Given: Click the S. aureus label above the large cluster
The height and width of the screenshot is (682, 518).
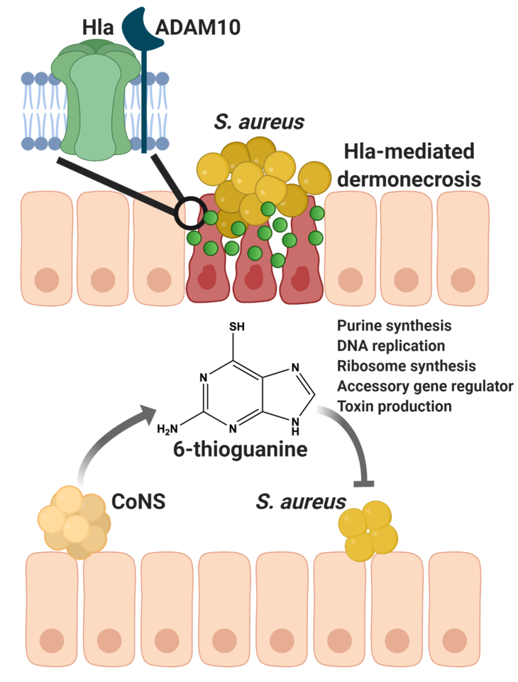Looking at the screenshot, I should click(259, 122).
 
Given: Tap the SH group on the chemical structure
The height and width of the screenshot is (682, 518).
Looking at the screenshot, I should click(237, 328).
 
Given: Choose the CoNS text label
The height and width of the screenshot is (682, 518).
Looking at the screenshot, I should click(138, 502).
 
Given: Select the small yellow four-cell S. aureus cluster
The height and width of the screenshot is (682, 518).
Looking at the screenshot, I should click(368, 527).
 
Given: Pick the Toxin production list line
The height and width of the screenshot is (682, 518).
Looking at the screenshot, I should click(395, 407).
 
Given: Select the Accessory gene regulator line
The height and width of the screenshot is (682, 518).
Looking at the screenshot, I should click(425, 387).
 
